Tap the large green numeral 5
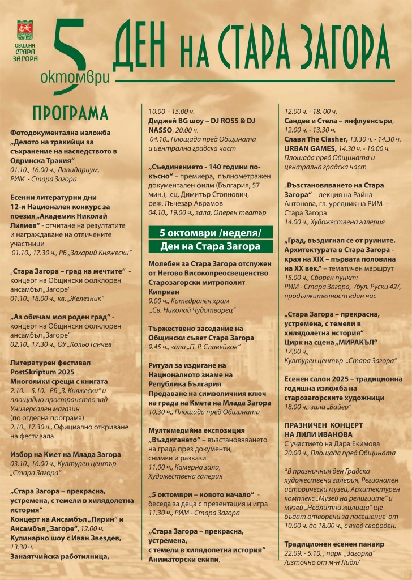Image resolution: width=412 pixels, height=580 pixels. pos(71,54)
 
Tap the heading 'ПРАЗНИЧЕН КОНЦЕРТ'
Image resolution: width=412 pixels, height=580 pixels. pos(323,424)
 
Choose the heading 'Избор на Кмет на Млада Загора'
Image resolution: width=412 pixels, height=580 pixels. pos(66,454)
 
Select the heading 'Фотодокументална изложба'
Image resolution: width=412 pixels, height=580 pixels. pos(61,133)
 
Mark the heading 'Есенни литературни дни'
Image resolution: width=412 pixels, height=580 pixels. pos(55,198)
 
